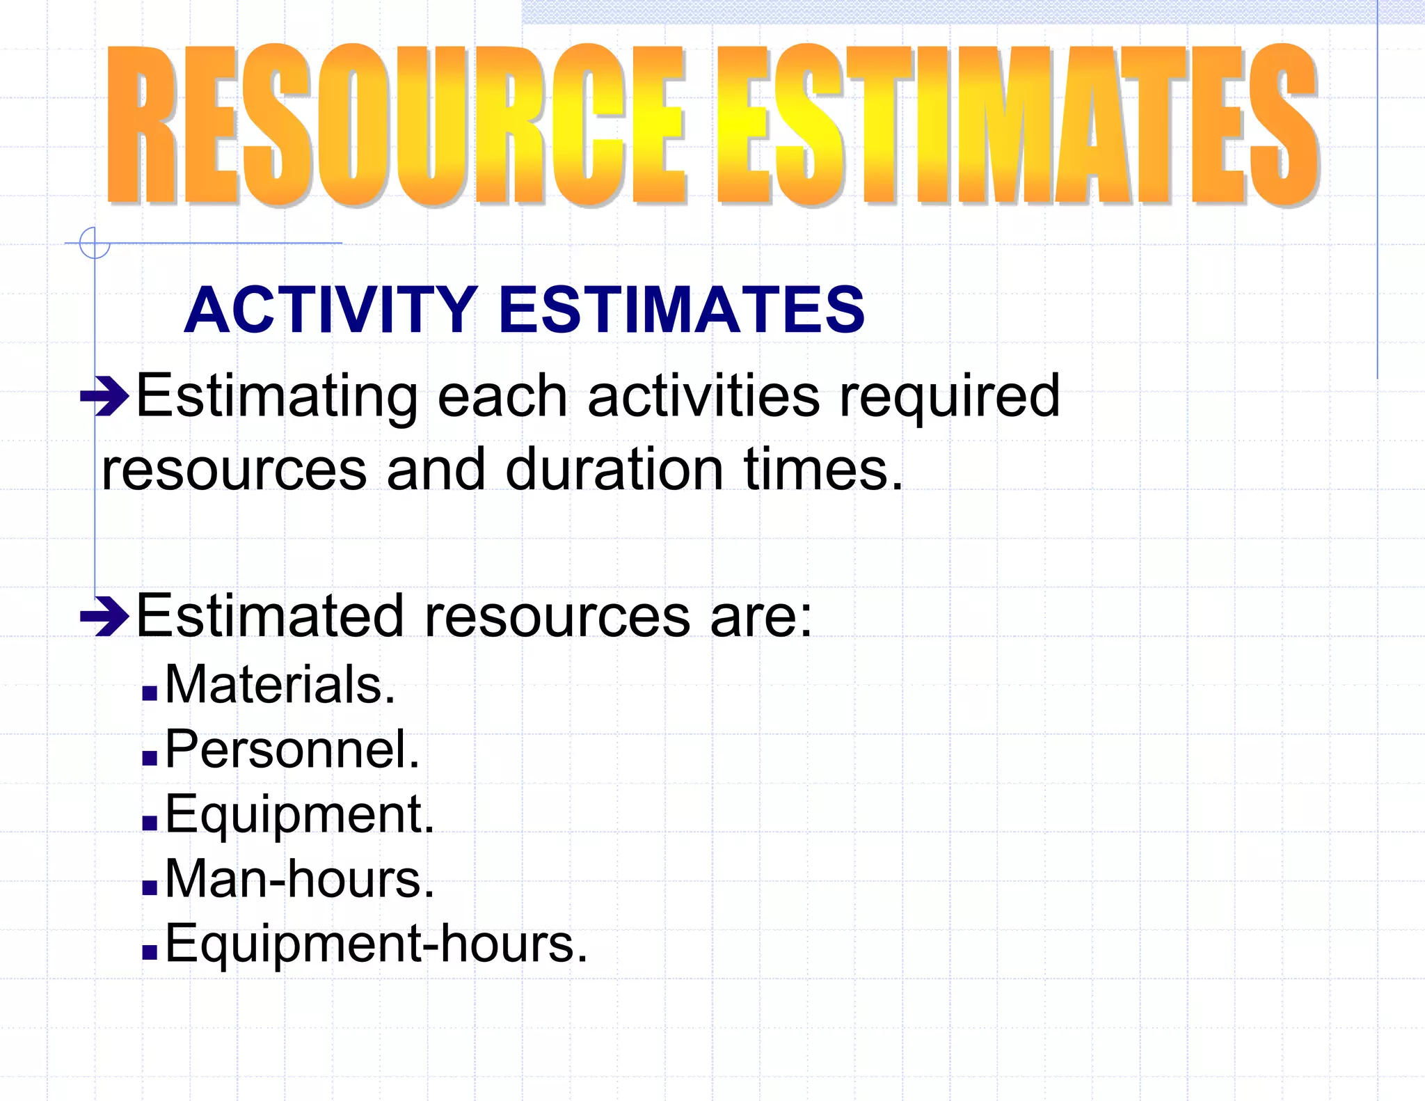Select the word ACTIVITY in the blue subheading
pyautogui.click(x=331, y=310)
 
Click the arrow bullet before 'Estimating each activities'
pyautogui.click(x=104, y=397)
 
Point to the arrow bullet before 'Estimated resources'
pyautogui.click(x=104, y=616)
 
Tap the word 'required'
pyautogui.click(x=950, y=397)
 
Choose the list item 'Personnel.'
pyautogui.click(x=292, y=750)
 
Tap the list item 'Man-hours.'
pyautogui.click(x=299, y=879)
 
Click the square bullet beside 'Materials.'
pyautogui.click(x=150, y=692)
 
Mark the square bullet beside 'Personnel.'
pyautogui.click(x=150, y=758)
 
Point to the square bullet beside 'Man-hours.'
pyautogui.click(x=150, y=887)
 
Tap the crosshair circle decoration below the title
pyautogui.click(x=95, y=243)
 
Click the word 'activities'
pyautogui.click(x=703, y=397)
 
